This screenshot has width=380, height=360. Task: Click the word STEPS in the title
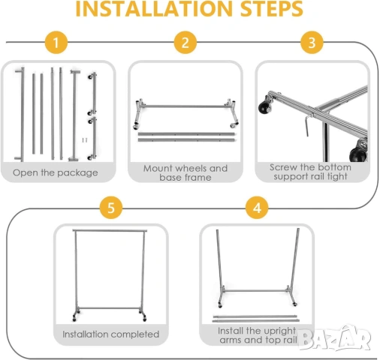tap(272, 9)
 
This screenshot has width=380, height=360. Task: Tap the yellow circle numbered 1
tap(56, 42)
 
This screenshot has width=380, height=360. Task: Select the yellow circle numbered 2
tap(185, 42)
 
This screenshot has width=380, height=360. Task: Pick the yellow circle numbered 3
tap(312, 42)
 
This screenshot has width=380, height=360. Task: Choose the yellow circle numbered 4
tap(257, 208)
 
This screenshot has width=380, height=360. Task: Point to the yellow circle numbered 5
tap(111, 208)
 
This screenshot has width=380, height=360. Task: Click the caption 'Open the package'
tap(56, 172)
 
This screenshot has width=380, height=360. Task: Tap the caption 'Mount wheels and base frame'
tap(185, 172)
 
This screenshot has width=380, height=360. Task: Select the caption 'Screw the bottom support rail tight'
tap(310, 172)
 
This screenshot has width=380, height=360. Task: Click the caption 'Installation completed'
tap(111, 334)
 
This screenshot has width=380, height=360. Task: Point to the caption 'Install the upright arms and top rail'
tap(258, 335)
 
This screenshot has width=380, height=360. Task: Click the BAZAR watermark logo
tap(335, 338)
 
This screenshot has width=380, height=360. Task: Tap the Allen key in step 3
tap(308, 124)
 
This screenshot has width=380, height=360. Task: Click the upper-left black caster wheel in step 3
tap(265, 107)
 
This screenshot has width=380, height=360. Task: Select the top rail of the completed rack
tap(110, 230)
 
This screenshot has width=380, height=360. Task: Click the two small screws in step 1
tap(85, 140)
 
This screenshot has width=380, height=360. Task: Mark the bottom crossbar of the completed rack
tap(110, 308)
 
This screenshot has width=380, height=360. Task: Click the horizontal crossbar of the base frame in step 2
tap(185, 106)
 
